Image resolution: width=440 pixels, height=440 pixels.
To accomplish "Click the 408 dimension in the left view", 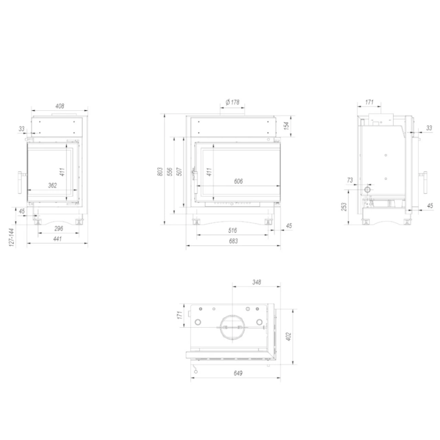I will tap(60, 106).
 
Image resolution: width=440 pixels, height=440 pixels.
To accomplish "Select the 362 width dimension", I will tap(52, 186).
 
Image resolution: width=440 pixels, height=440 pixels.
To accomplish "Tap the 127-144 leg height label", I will tap(12, 237).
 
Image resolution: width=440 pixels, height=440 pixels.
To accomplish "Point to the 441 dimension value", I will tap(57, 239).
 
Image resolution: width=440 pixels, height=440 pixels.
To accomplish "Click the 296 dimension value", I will tap(58, 229).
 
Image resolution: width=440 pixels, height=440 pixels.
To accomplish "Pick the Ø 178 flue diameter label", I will tap(232, 102).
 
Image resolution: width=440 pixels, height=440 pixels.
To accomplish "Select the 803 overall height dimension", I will tap(159, 172).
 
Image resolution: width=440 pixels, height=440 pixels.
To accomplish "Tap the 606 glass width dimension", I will tap(238, 181).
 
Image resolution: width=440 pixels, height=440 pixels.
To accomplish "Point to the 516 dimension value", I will tap(233, 230).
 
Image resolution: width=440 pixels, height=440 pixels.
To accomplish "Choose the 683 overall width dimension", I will tap(233, 241).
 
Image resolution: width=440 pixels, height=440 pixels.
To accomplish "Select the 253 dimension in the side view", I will tap(344, 207).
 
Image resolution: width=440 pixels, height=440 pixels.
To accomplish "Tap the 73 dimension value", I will tap(350, 180).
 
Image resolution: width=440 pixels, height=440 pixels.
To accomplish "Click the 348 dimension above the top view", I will tap(256, 282).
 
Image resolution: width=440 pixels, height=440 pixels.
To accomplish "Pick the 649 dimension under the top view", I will tap(238, 373).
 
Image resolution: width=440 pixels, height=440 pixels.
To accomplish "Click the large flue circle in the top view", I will tap(233, 327).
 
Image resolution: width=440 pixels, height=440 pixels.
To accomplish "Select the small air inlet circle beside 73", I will tap(367, 189).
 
